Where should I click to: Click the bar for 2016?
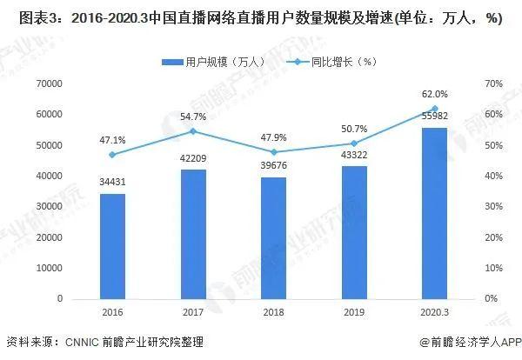112,245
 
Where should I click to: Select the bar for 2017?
193,234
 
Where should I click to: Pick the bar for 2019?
354,232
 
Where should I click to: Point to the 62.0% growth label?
435,94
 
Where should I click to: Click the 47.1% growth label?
112,139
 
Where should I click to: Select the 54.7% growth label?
193,116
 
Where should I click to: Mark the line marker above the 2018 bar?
273,151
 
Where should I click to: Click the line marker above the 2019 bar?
354,143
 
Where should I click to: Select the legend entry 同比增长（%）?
335,62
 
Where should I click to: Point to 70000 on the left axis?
48,83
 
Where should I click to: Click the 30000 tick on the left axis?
48,206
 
